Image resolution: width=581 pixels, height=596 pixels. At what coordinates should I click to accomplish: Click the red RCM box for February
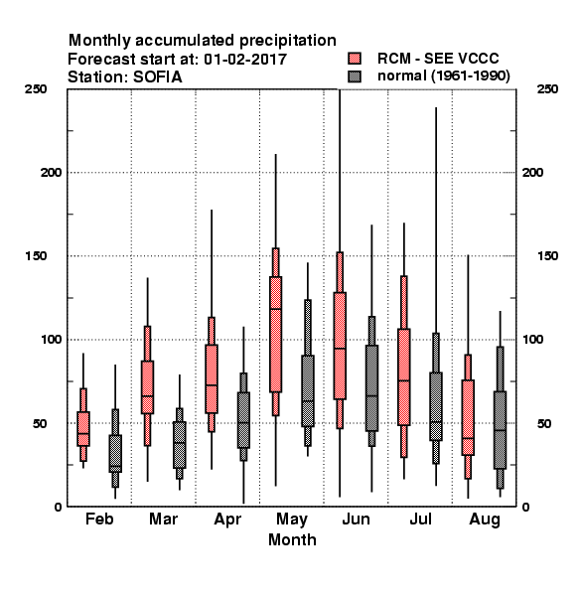(x=83, y=428)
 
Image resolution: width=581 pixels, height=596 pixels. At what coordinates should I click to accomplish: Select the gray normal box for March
(x=180, y=445)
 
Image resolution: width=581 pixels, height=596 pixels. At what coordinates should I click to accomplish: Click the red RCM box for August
(x=468, y=417)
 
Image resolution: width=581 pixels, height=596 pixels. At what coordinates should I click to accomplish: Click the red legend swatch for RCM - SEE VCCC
(x=355, y=59)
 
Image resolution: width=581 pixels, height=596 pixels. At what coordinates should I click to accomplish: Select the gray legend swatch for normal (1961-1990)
(x=355, y=76)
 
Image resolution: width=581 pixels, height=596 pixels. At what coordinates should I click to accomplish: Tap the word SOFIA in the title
(x=157, y=77)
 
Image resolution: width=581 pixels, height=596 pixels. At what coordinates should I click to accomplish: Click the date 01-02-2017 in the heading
(x=245, y=60)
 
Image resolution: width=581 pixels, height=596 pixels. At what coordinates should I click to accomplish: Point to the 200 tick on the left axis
(x=51, y=172)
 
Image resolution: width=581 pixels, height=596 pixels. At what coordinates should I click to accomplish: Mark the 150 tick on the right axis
(x=547, y=256)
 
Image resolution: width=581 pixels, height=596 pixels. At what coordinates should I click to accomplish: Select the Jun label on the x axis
(x=356, y=519)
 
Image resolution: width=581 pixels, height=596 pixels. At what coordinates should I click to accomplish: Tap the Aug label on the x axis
(x=485, y=520)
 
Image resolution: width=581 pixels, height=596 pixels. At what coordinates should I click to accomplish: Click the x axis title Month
(x=292, y=539)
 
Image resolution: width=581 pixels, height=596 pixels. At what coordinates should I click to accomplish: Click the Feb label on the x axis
(x=99, y=519)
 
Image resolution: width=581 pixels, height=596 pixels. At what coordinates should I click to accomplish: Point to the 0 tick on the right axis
(x=526, y=507)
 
